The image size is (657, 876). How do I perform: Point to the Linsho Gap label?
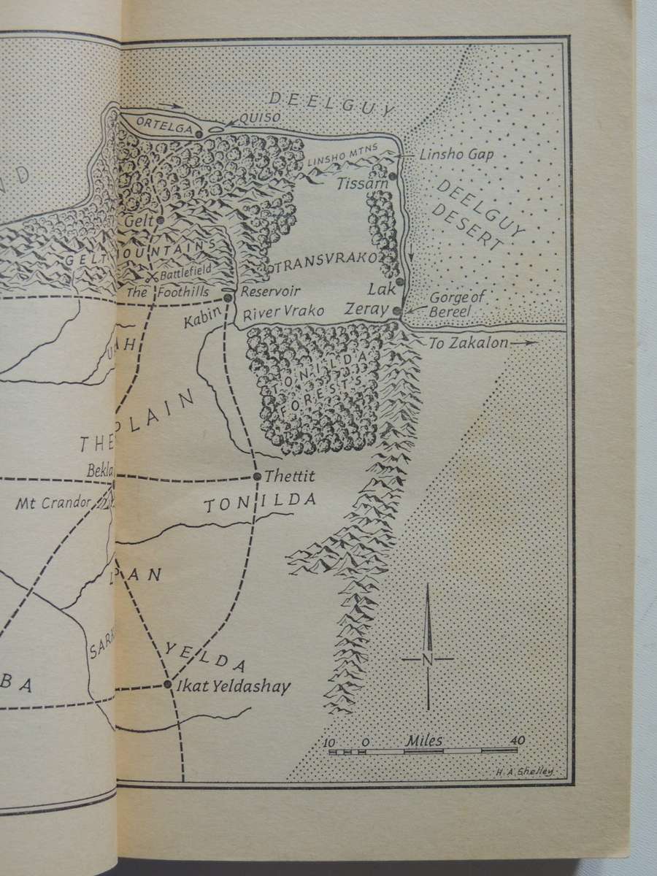pos(446,155)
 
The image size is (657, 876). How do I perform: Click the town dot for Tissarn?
pos(393,176)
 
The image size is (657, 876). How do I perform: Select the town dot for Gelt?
pos(159,219)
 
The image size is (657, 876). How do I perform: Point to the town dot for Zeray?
pos(396,311)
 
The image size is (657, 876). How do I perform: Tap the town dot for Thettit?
pos(257,477)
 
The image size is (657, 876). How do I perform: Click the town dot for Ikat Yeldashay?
pos(168,685)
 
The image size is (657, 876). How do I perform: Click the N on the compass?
pos(427,659)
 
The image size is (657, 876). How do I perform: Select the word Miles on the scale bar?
pos(423,740)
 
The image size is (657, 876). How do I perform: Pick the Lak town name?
pos(385,288)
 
